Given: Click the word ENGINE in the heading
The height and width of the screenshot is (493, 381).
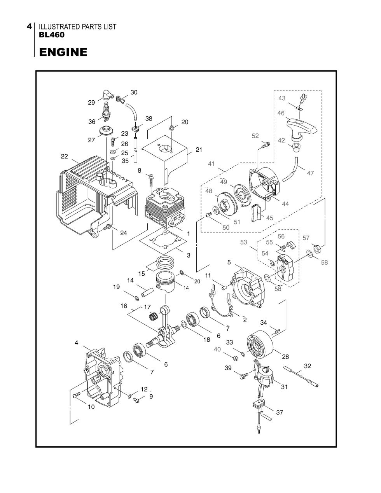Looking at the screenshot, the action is [63, 52].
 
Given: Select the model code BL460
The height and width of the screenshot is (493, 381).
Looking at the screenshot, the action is [52, 35].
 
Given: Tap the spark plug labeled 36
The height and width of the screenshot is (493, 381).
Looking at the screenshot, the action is [105, 112].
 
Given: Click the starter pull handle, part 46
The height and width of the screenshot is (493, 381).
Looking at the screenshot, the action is [301, 129].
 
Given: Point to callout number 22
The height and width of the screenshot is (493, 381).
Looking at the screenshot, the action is [65, 156].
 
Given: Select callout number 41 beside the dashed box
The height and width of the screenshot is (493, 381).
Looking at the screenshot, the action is [211, 164].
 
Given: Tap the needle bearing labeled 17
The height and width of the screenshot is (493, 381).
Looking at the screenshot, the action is [154, 316].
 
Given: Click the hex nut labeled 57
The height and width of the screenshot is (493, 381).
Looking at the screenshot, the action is [317, 249].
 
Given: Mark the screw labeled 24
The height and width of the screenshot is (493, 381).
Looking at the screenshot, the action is [107, 227].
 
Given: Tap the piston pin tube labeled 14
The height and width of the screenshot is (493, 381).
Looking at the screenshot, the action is [147, 292].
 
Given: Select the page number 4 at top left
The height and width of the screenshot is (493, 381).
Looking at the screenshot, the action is [29, 26].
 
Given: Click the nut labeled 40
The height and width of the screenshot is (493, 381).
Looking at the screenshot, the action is [235, 358].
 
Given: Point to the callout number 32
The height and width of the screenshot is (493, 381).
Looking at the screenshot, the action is [307, 366].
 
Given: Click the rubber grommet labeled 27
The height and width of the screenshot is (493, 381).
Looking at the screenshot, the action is [107, 131].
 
